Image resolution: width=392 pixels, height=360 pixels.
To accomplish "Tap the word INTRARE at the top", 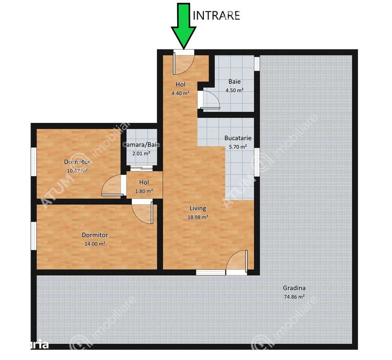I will click(217, 15).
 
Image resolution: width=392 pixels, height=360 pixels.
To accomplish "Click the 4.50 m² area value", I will click(234, 90).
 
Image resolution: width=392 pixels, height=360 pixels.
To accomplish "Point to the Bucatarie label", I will click(238, 138).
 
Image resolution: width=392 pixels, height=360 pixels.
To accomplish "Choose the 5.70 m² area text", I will click(238, 147).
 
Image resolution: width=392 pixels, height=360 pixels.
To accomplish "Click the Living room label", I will click(198, 208).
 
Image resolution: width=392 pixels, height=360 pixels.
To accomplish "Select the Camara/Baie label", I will click(141, 145).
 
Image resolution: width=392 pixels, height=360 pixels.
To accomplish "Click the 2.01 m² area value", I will click(141, 153).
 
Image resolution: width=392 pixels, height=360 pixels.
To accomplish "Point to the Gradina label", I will click(294, 288).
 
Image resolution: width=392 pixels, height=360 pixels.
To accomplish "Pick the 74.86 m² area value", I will click(294, 297).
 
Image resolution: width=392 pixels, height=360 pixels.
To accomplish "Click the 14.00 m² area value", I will click(95, 244).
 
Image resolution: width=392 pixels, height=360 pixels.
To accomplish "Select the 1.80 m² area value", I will click(144, 191).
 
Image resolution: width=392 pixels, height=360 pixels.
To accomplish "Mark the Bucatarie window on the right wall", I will click(257, 162).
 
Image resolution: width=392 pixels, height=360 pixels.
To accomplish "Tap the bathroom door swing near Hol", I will click(210, 99).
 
